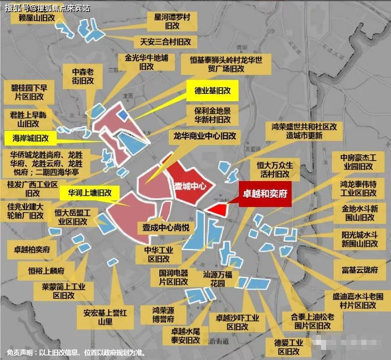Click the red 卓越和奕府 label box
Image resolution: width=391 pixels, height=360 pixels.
coord(264,194)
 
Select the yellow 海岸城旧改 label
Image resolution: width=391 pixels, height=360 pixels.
coord(31,138)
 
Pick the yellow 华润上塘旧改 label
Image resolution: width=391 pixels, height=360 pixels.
coord(89,193)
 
